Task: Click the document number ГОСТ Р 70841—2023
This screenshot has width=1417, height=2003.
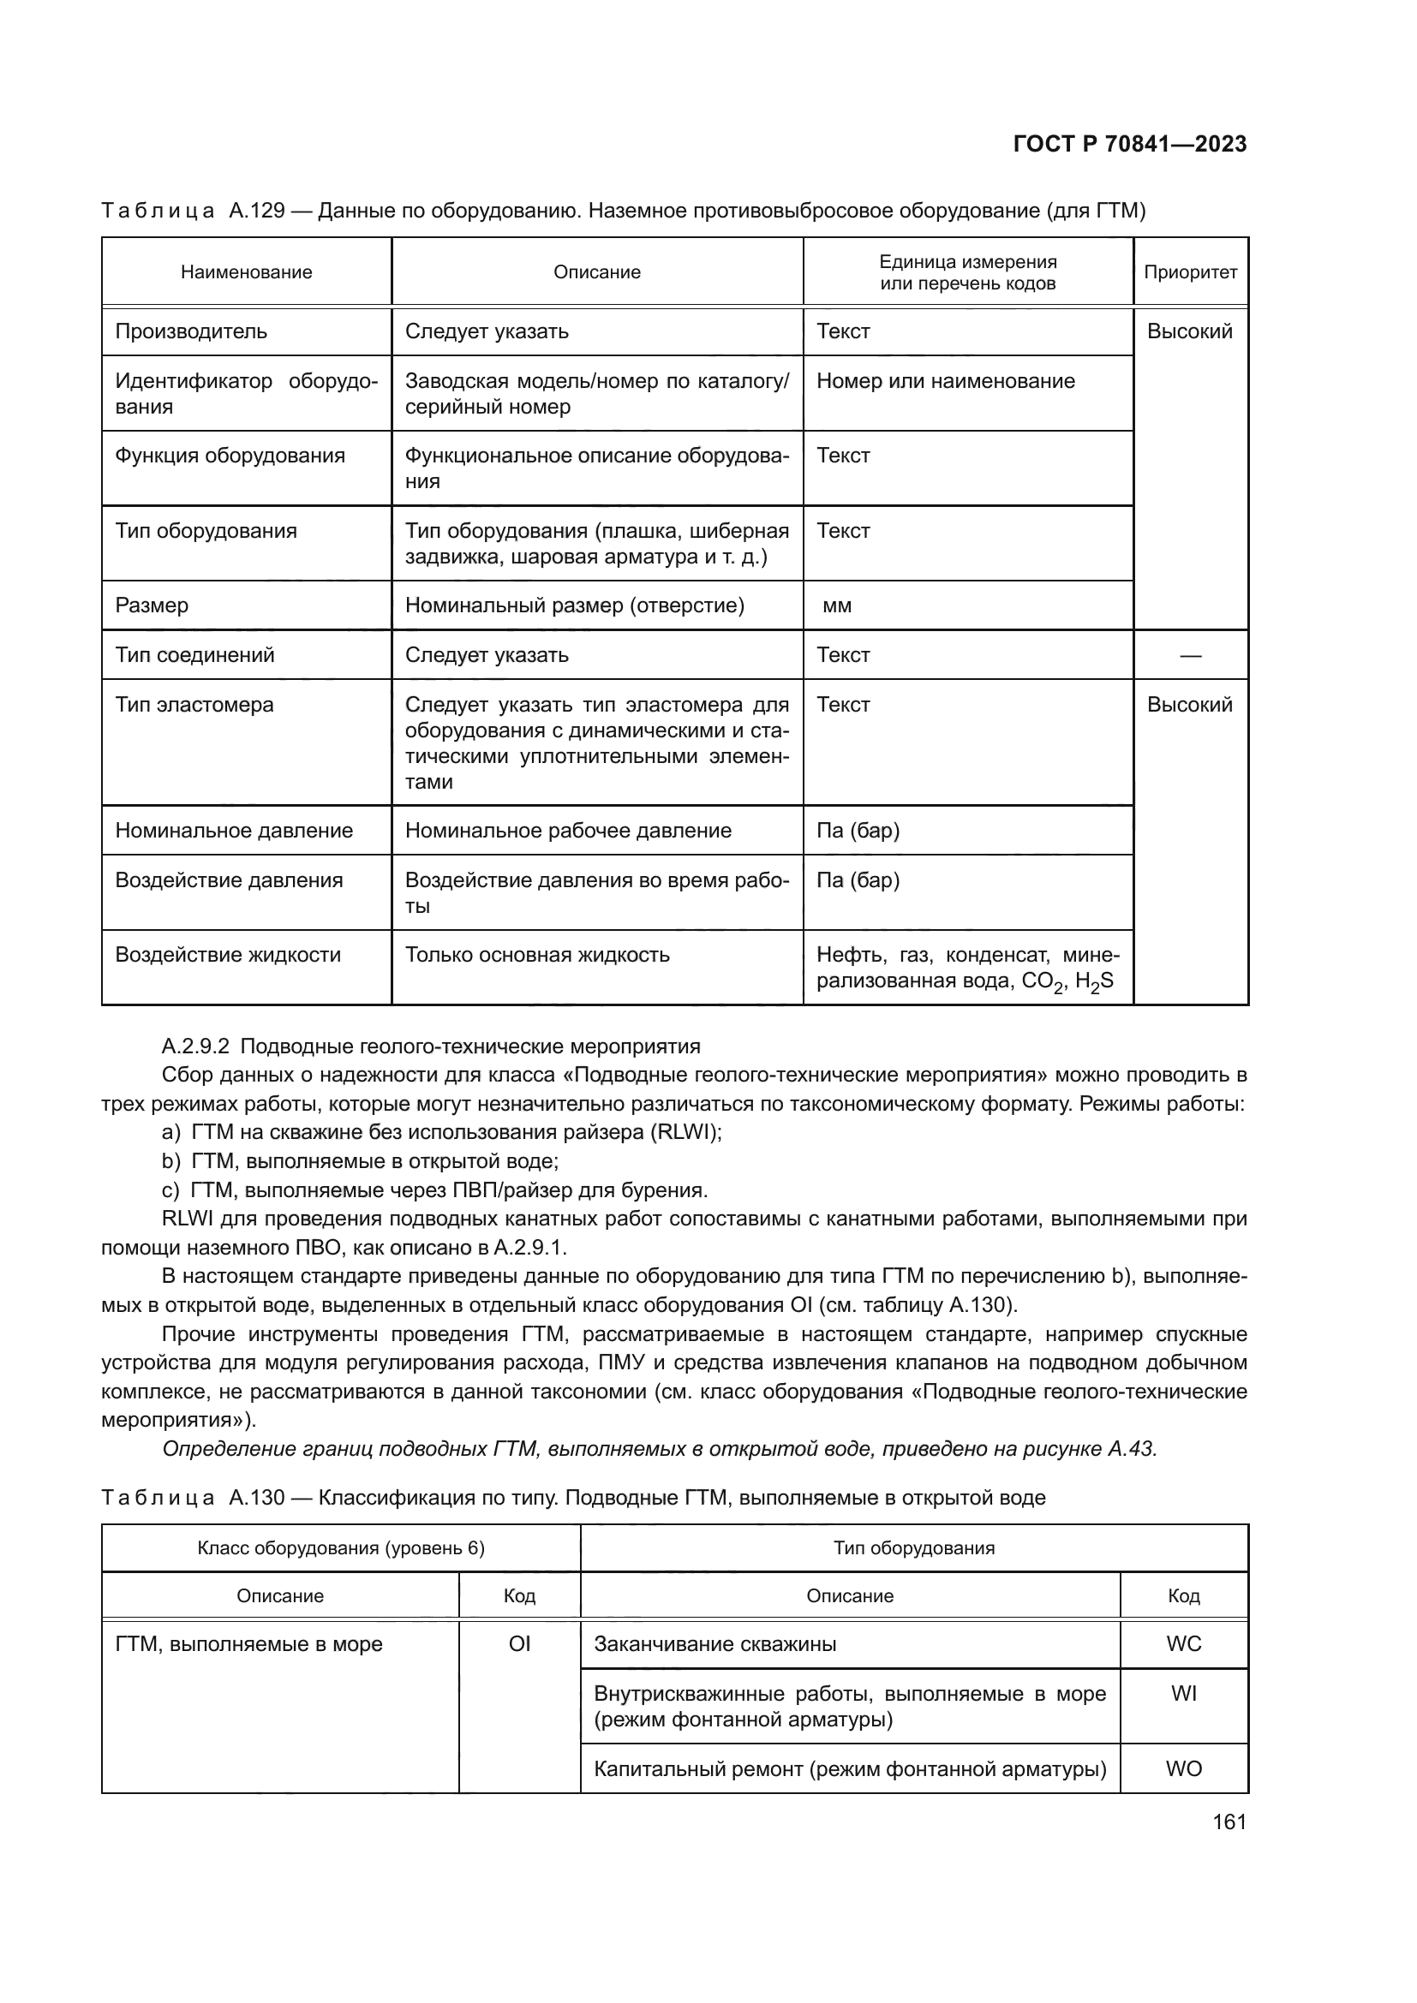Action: click(1129, 144)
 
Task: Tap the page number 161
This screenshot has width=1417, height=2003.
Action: click(1229, 1821)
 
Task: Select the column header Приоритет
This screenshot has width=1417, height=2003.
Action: click(1190, 272)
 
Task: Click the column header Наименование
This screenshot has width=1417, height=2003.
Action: click(246, 272)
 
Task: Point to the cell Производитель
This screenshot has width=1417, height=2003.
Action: click(191, 331)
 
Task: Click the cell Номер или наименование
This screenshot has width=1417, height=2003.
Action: click(945, 381)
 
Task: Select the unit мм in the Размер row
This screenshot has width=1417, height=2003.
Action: click(837, 605)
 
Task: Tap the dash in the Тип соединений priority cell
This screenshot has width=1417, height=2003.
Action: click(1190, 655)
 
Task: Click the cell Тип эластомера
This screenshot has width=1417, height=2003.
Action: click(194, 705)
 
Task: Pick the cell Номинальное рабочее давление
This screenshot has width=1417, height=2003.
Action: click(568, 831)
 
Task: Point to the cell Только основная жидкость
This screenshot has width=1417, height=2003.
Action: click(536, 956)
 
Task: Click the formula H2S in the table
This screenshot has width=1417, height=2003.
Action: click(1094, 982)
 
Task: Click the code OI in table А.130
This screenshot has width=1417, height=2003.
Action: click(519, 1644)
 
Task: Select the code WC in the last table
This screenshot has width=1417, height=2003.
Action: click(1183, 1644)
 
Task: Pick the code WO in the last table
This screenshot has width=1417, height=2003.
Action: click(1183, 1769)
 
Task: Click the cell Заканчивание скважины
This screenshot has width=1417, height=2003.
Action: click(714, 1644)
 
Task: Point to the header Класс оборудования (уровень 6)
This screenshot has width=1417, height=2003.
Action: click(340, 1548)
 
